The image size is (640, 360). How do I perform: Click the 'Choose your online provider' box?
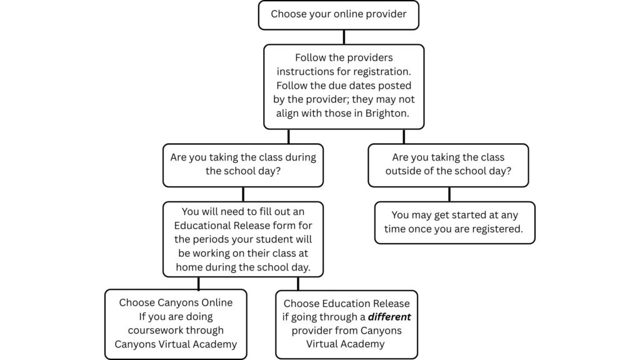(x=338, y=15)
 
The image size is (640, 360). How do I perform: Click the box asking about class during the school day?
(x=243, y=165)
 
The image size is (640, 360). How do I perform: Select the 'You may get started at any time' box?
(x=454, y=222)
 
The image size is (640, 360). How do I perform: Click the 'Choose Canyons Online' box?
(x=176, y=324)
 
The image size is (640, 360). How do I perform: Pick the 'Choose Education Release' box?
(x=346, y=324)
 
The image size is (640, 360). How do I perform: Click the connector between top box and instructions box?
(x=343, y=37)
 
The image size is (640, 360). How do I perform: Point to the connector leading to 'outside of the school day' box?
(x=404, y=136)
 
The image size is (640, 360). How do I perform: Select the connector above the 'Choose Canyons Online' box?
(x=198, y=284)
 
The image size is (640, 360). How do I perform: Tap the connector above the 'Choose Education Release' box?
(x=297, y=284)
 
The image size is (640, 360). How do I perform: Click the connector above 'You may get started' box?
(x=449, y=194)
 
